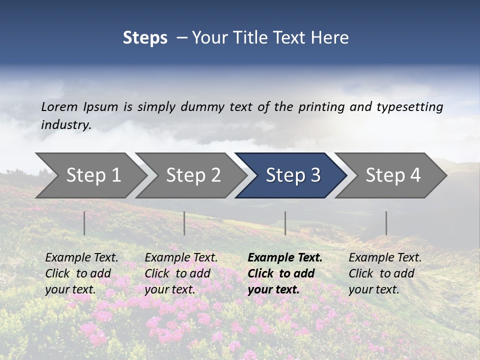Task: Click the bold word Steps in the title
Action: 145,38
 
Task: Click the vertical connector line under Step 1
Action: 84,223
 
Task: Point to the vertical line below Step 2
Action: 184,223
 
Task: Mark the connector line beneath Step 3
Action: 285,223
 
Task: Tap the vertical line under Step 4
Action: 386,223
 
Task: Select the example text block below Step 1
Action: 81,273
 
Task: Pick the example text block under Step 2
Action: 181,273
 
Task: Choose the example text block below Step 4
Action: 385,273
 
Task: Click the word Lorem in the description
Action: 59,107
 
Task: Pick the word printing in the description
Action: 320,107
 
